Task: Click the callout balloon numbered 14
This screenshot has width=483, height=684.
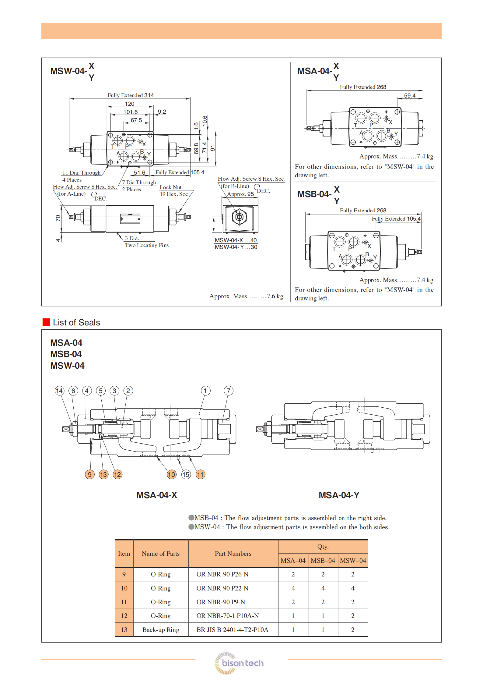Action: [x=59, y=391]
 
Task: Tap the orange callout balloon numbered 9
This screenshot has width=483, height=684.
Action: [x=89, y=474]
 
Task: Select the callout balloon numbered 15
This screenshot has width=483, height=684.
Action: [x=186, y=474]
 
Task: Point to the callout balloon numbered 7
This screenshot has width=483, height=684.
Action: [x=228, y=391]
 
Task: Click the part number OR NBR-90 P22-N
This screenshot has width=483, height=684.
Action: [x=222, y=588]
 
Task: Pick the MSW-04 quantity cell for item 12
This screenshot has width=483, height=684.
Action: [x=352, y=615]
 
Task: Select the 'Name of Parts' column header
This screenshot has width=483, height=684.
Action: [x=161, y=553]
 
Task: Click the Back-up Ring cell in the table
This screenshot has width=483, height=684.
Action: [x=161, y=629]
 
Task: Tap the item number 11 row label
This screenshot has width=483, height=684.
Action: [x=124, y=602]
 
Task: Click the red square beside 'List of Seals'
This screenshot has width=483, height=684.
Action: [x=46, y=322]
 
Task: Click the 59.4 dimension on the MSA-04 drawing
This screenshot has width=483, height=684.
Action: [x=410, y=96]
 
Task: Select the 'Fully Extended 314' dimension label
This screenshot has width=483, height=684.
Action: [x=131, y=95]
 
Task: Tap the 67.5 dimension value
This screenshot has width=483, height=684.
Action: [x=136, y=120]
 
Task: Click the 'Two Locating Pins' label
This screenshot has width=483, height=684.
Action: [x=146, y=245]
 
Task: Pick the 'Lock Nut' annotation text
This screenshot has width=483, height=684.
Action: [x=170, y=187]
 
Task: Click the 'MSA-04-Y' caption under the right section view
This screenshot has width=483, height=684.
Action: [x=339, y=495]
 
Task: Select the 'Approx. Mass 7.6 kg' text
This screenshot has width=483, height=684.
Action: [x=246, y=296]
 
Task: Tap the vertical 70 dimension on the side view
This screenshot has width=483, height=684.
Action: [x=58, y=218]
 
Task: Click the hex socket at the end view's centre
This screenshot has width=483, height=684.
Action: [x=239, y=217]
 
